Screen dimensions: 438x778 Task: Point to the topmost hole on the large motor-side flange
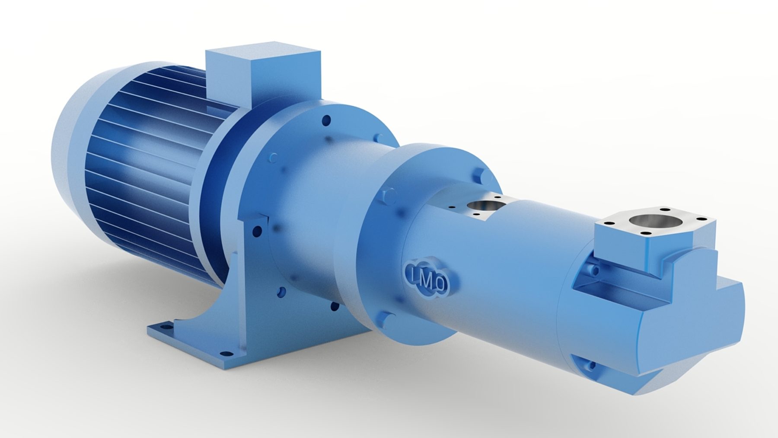[x=327, y=119]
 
